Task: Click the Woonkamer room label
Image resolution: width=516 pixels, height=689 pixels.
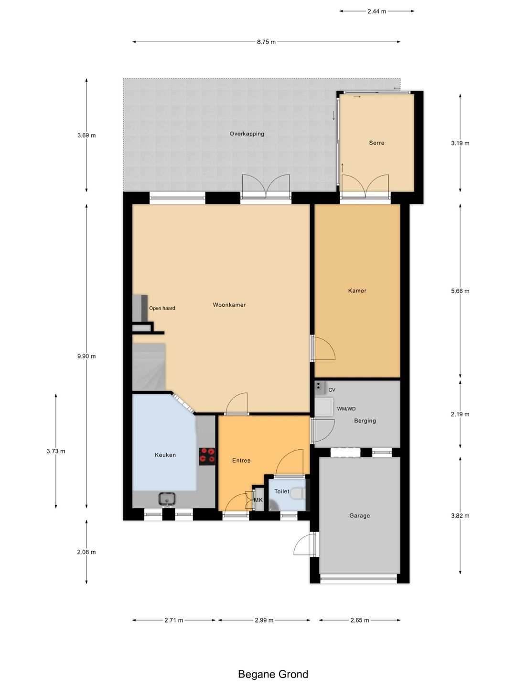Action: coord(229,304)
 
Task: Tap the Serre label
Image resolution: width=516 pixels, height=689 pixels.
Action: coord(376,143)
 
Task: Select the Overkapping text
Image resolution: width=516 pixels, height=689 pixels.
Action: coord(247,133)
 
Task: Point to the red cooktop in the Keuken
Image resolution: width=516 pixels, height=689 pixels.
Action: coord(207,456)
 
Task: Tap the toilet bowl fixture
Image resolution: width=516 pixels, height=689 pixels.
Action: coord(298,493)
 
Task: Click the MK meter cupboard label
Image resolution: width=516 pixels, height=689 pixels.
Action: coord(258,500)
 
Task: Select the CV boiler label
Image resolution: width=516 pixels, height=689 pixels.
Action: coord(332,390)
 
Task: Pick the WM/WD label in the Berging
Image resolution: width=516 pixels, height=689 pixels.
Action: coord(346,409)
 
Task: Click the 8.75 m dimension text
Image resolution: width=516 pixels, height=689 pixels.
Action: coord(266,42)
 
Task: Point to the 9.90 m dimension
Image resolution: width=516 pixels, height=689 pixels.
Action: coord(86,356)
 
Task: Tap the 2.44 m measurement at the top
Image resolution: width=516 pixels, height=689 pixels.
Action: coord(376,11)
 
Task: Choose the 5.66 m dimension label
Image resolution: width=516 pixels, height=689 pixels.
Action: coord(460,291)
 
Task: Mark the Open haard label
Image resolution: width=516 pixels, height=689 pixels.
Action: coord(162,308)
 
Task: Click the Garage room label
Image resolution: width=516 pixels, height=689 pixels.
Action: coord(360,515)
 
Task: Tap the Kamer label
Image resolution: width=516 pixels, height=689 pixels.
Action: coord(357,290)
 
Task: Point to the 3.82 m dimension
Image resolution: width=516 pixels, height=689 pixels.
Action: coord(460,515)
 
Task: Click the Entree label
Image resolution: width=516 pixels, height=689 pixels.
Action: coord(241,460)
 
